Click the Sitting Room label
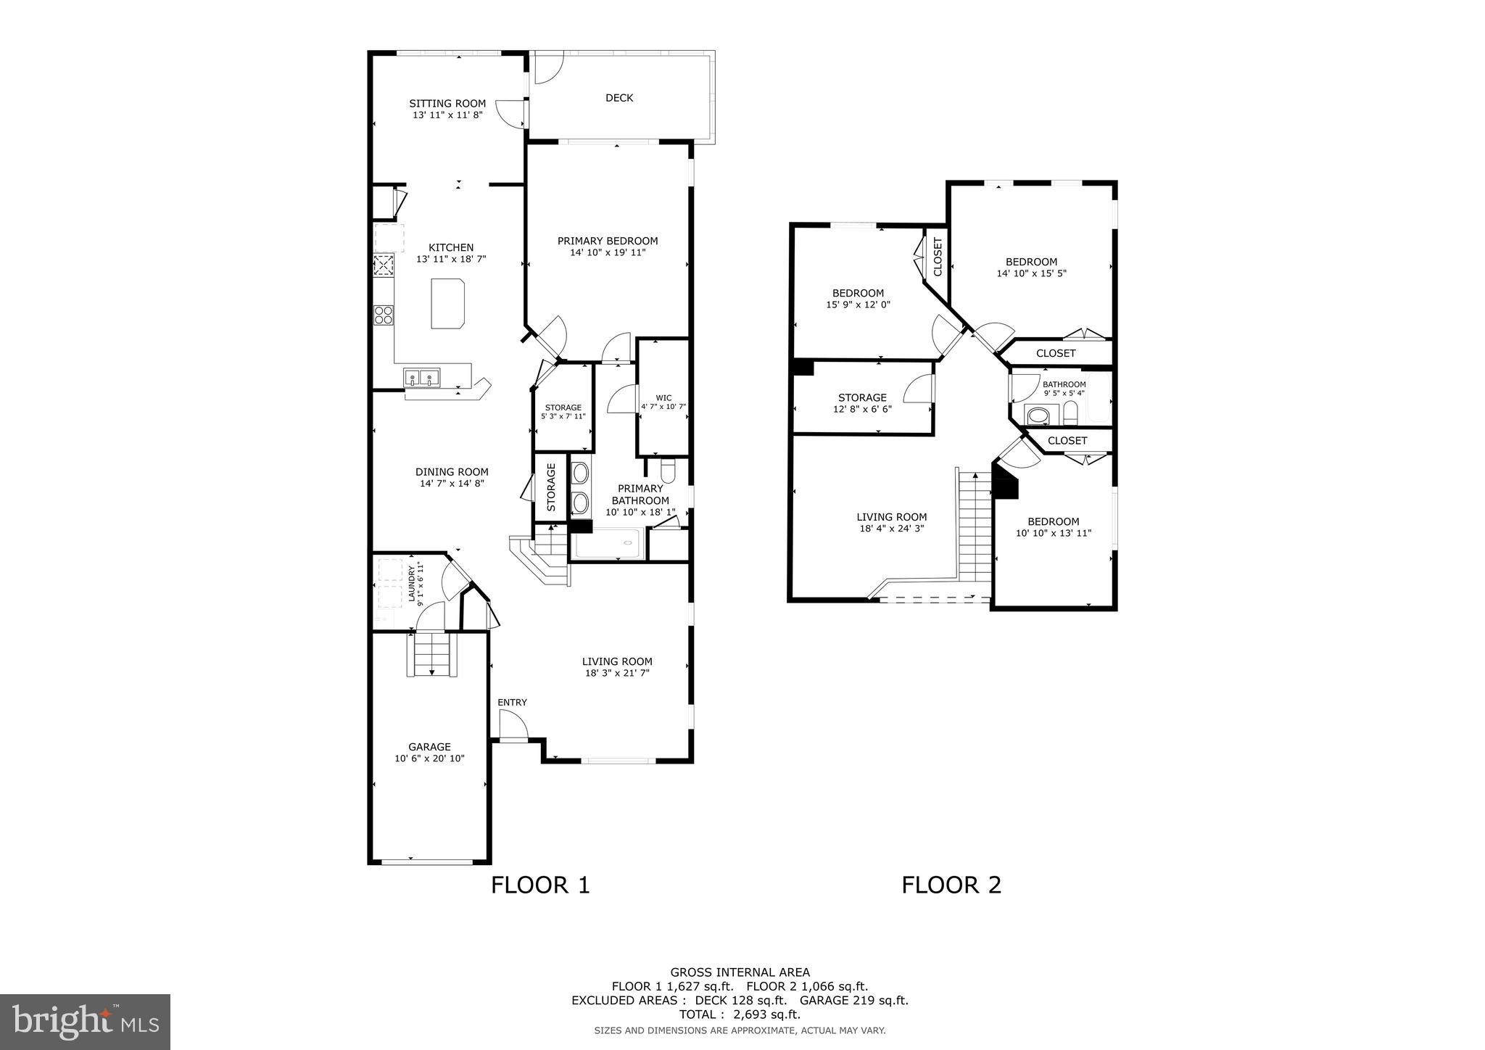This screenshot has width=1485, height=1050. point(447,104)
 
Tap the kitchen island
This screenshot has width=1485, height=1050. point(447,303)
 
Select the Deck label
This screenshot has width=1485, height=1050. point(619,98)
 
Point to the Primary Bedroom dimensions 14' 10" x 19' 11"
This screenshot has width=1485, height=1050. point(607,253)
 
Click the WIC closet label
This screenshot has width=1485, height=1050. point(663,398)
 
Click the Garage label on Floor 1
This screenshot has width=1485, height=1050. point(429,747)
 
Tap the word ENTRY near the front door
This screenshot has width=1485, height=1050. point(512,703)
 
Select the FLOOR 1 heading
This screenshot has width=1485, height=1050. point(540,885)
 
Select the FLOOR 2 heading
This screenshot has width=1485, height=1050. point(951,885)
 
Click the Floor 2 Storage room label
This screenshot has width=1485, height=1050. point(862,397)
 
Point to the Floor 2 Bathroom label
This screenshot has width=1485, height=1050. point(1064,385)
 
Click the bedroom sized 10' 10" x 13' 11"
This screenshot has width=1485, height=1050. point(1053,527)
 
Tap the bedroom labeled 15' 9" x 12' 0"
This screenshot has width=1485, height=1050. point(858,299)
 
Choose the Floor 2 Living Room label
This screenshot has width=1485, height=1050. point(891,518)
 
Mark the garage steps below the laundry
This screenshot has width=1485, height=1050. point(432,654)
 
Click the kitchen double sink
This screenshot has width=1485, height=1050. point(422,377)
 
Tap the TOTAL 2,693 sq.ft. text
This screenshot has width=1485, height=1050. point(739,1014)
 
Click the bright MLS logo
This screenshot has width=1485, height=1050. point(85,1022)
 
